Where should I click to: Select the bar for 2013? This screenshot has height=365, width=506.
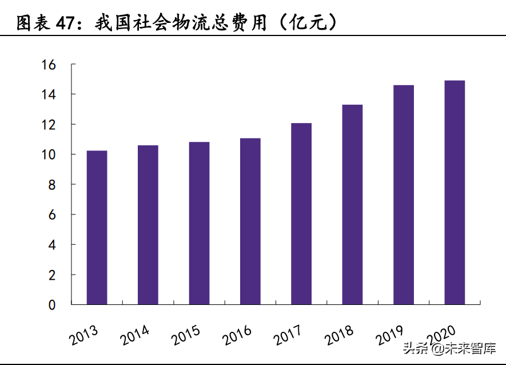click(x=97, y=227)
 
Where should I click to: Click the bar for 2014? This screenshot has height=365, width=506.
click(x=148, y=225)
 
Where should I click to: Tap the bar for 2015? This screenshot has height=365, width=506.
click(x=199, y=223)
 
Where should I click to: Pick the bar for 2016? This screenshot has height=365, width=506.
click(x=250, y=221)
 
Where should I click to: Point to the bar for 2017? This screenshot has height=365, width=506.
click(x=301, y=214)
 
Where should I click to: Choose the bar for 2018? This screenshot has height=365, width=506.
click(x=352, y=204)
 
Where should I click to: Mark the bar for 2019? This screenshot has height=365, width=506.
click(x=404, y=195)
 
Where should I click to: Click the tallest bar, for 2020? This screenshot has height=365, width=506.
click(x=455, y=193)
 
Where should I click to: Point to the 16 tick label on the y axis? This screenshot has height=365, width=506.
click(x=49, y=65)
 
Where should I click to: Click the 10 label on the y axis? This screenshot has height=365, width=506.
click(x=49, y=154)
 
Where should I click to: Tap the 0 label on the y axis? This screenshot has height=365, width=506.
click(x=52, y=305)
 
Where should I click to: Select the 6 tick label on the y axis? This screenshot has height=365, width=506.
click(x=52, y=215)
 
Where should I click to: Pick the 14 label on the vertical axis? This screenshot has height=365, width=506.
click(x=49, y=94)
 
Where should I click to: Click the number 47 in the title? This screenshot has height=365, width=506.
click(x=66, y=23)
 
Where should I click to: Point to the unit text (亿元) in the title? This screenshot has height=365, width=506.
click(x=308, y=23)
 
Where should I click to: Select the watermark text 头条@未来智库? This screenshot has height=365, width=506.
click(x=449, y=348)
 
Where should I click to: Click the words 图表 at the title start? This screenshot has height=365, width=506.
click(x=34, y=23)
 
